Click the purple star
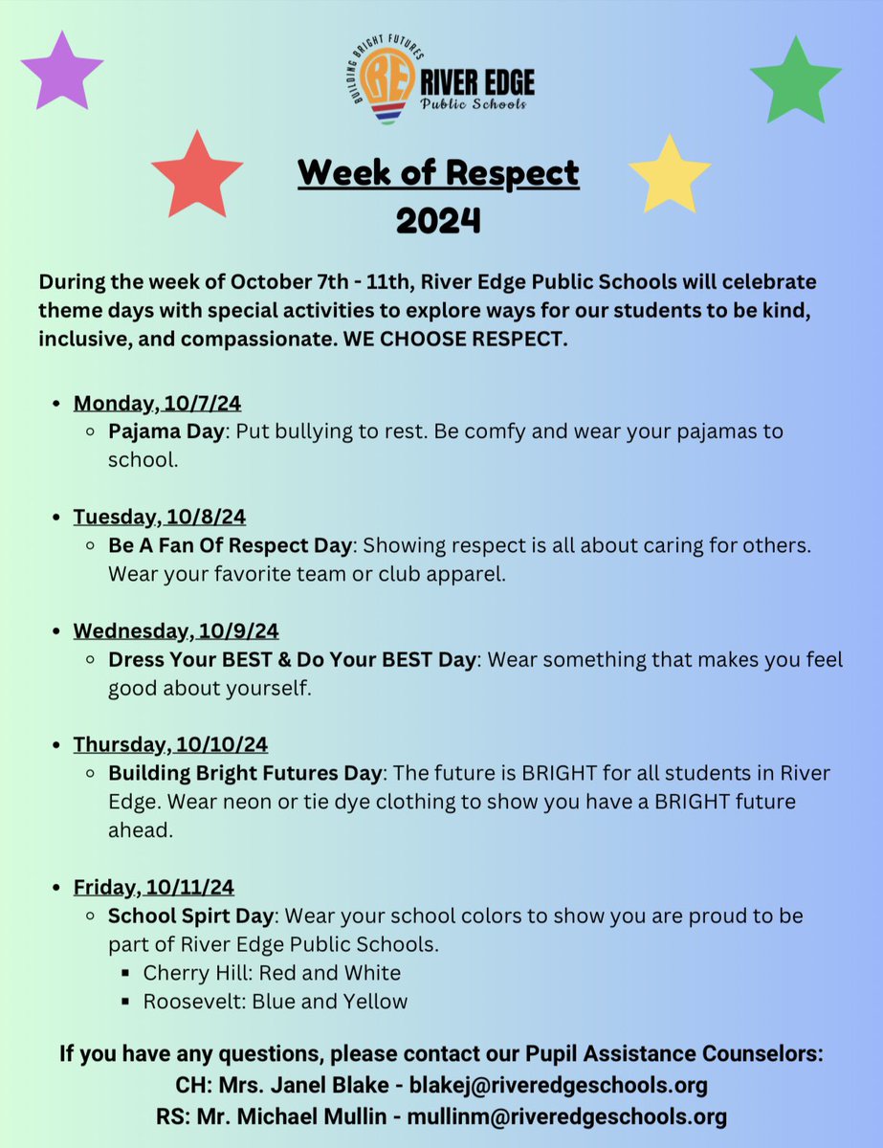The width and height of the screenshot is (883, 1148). (61, 71)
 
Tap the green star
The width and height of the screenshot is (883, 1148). (795, 80)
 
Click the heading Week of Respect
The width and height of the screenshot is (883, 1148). (438, 173)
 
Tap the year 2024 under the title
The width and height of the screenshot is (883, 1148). (438, 221)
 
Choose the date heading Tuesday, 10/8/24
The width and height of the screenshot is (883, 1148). (160, 517)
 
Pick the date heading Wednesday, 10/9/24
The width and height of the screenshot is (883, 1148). (176, 631)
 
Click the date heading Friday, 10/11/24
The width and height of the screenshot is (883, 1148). (154, 887)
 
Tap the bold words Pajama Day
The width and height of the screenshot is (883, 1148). (166, 431)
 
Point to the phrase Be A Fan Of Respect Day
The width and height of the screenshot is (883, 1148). (230, 545)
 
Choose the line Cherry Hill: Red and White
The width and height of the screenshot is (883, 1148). (272, 973)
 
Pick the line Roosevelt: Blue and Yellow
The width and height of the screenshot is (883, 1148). (276, 1002)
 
